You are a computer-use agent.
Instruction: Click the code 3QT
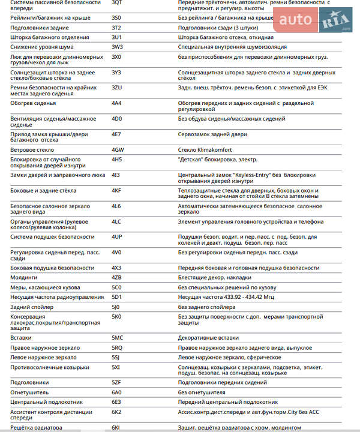117,3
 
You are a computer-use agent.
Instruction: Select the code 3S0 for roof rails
116,18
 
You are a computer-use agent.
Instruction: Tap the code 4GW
118,149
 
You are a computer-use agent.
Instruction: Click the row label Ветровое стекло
32,149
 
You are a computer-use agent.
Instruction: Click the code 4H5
117,159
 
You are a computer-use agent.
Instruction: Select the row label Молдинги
24,277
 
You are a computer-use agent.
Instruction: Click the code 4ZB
117,277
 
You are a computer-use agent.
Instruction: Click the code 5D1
116,296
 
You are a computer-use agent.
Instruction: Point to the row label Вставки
21,338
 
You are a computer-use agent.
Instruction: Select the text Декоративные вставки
208,338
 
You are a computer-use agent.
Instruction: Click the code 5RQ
117,347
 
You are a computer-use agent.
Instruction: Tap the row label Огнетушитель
29,392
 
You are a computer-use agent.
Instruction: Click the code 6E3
116,401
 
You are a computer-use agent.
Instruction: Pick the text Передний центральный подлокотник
228,401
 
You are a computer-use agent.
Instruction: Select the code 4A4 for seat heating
116,103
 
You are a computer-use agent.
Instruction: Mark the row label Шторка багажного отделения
50,37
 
